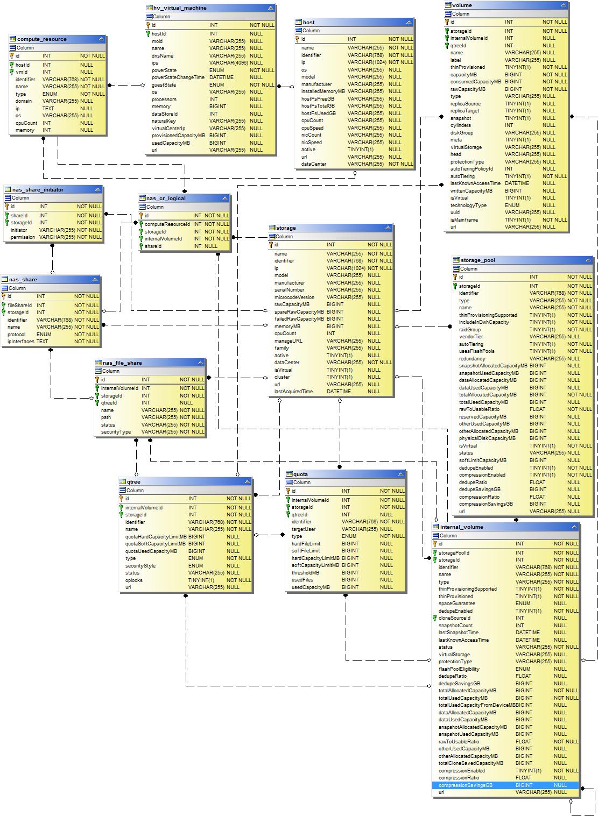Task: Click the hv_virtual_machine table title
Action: pos(180,8)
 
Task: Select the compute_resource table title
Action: pos(42,39)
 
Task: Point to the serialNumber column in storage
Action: pos(289,290)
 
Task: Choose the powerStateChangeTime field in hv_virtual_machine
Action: pos(178,77)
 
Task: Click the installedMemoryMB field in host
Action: pos(323,91)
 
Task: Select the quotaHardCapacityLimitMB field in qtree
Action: pos(156,537)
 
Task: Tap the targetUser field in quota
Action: pos(304,529)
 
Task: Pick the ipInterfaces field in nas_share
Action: pos(21,342)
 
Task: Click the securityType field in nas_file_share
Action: pos(116,432)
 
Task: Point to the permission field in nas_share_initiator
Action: pos(23,237)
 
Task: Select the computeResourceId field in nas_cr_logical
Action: pos(167,224)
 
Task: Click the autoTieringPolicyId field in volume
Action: pos(472,169)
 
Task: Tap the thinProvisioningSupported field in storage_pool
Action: pos(488,315)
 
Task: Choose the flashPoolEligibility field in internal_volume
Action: pos(459,669)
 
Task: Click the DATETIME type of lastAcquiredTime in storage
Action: pos(339,392)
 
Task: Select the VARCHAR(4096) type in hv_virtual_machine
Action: pos(229,63)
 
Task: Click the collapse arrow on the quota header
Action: pos(400,474)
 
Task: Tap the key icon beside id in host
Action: pos(297,39)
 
